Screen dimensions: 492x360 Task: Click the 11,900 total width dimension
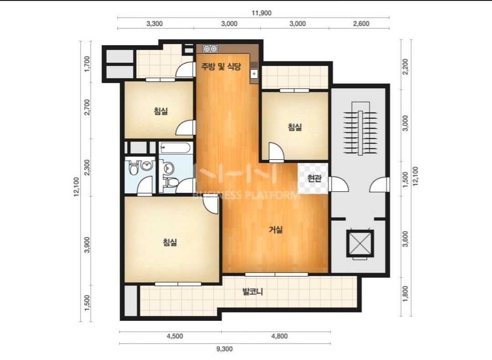(x=261, y=13)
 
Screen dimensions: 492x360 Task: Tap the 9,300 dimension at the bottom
(x=225, y=349)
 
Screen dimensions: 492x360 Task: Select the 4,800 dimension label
(x=279, y=336)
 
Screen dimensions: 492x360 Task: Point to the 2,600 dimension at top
(x=361, y=24)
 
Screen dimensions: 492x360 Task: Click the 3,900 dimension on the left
(x=87, y=244)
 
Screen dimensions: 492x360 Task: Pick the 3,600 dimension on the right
(x=405, y=239)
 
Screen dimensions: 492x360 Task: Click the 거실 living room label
(x=276, y=230)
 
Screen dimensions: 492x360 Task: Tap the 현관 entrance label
(x=314, y=178)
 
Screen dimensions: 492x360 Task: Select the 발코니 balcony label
(x=252, y=292)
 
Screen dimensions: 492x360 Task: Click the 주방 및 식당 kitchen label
(x=221, y=66)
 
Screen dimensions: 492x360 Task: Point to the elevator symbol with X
(x=360, y=243)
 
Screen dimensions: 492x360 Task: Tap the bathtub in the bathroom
(x=175, y=148)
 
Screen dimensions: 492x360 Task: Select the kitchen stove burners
(x=210, y=49)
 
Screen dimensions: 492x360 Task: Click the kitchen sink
(x=254, y=74)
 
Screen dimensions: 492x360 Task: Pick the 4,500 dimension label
(x=175, y=336)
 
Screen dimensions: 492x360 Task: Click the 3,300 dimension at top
(x=154, y=24)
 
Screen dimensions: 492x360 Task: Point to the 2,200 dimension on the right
(x=405, y=66)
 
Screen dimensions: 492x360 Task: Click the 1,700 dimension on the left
(x=87, y=64)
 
